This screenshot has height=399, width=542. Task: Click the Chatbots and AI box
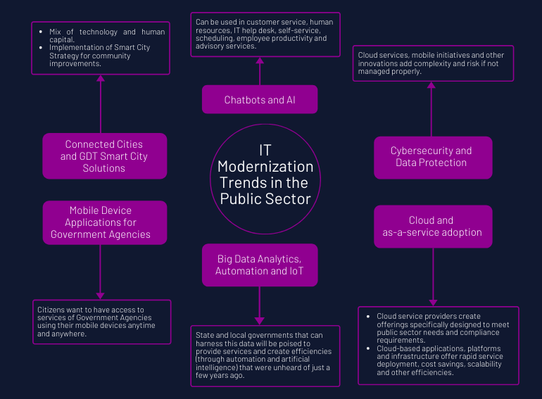260,99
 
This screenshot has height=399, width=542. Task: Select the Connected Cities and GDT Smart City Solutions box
104,156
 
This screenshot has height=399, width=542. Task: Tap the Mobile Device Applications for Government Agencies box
104,222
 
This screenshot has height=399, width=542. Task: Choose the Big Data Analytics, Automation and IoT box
260,265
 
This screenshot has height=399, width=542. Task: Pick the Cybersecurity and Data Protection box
431,157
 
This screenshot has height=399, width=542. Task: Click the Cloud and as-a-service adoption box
431,226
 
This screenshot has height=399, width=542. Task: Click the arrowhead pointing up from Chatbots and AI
260,61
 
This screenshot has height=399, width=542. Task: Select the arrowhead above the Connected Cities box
101,78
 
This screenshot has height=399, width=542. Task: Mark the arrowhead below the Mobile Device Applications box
101,296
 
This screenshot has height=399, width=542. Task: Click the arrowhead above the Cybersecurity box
431,85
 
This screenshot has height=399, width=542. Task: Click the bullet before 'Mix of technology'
42,32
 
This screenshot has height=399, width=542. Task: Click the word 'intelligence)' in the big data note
218,367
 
